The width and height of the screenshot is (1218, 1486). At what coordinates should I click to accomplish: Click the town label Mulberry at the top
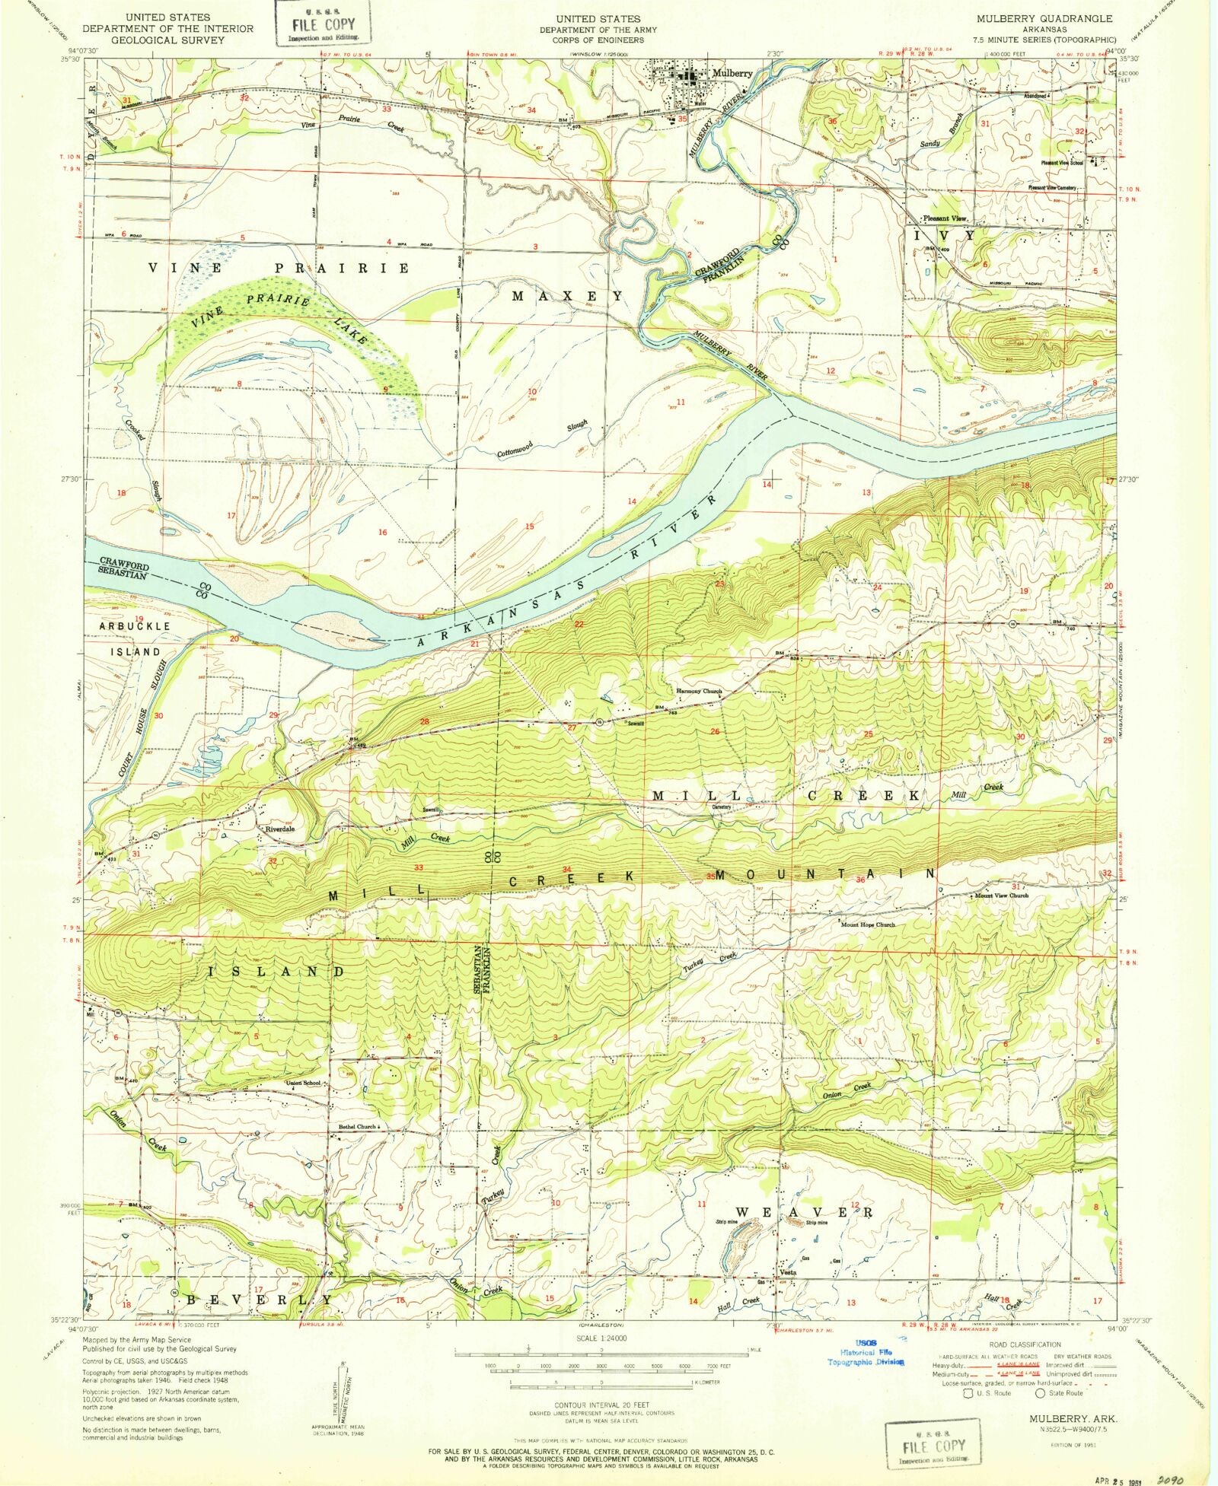pos(733,73)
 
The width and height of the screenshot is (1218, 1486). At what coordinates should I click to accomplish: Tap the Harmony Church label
pos(699,692)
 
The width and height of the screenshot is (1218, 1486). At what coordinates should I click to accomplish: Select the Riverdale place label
pos(279,829)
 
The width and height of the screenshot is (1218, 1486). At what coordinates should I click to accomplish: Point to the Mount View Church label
pos(1001,896)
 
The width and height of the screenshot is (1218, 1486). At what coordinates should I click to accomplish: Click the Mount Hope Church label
pos(867,925)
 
